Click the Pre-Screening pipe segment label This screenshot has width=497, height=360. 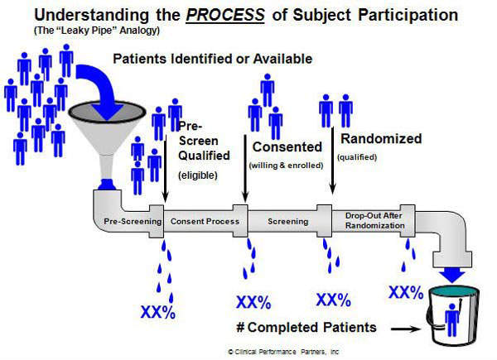tap(126, 221)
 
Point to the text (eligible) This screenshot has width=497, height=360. tap(200, 175)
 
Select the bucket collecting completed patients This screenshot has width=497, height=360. tap(453, 314)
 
